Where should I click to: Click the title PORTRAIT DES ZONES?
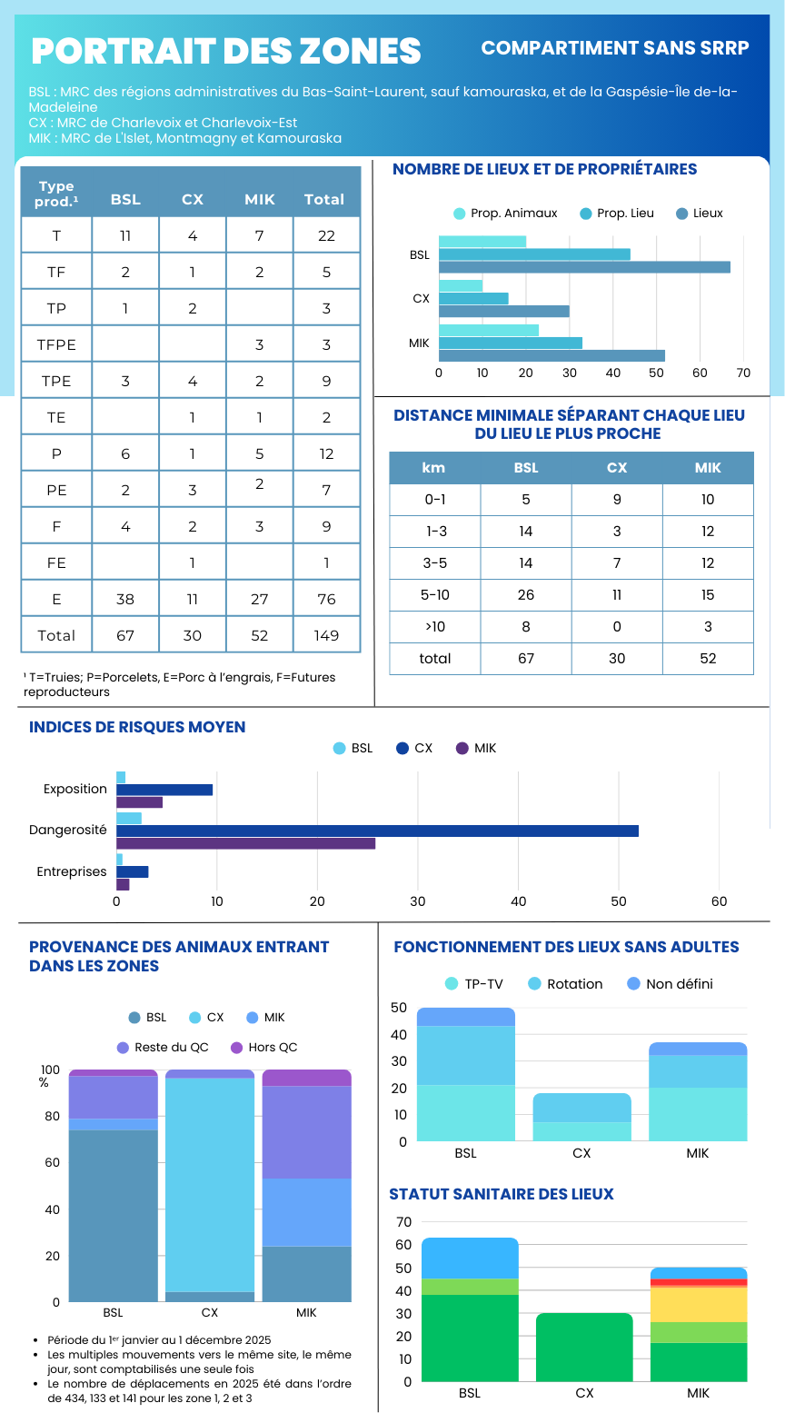[x=226, y=51]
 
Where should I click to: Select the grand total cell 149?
[x=326, y=635]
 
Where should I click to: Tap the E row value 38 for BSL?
[x=125, y=599]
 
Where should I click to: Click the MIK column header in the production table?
[x=260, y=199]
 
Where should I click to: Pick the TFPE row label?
[x=56, y=344]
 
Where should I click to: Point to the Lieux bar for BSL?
[x=584, y=267]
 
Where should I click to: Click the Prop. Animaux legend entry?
[x=506, y=214]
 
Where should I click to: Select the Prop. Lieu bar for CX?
[x=473, y=298]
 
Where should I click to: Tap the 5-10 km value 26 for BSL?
[x=526, y=595]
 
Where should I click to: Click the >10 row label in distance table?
[x=435, y=627]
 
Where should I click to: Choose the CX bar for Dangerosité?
[x=377, y=831]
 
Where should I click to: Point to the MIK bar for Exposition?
[x=139, y=802]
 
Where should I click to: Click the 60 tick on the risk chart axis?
[x=719, y=901]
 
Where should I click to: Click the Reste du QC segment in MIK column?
[x=307, y=1131]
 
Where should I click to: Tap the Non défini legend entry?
[x=671, y=984]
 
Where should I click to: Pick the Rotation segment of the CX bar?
[x=582, y=1108]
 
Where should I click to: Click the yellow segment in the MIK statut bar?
[x=698, y=1304]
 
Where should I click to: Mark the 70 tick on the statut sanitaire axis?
[x=403, y=1221]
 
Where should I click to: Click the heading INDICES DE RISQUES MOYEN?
[x=137, y=727]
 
